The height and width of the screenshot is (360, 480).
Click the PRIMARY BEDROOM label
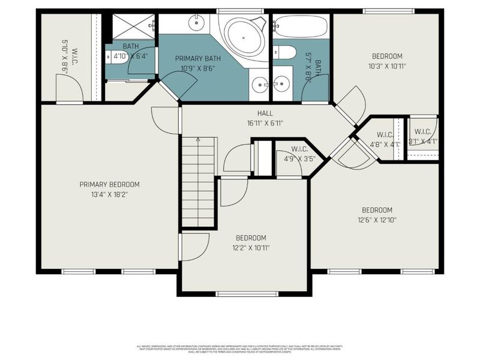(x=109, y=184)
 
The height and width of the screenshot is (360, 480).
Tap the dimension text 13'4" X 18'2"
(x=109, y=194)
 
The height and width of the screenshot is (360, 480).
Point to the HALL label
(x=265, y=113)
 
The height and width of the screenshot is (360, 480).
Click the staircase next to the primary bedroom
(x=198, y=181)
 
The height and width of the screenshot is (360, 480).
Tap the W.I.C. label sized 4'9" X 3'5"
(x=299, y=149)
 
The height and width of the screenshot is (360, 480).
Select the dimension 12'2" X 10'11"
(x=250, y=248)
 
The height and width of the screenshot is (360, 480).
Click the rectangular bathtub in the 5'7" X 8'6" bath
(x=301, y=26)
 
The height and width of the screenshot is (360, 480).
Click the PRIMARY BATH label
(x=198, y=59)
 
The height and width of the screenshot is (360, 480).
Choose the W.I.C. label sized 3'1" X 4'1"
(x=422, y=132)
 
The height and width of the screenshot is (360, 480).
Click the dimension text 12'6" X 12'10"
(x=376, y=220)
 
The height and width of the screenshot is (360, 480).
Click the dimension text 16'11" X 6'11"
(x=265, y=123)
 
